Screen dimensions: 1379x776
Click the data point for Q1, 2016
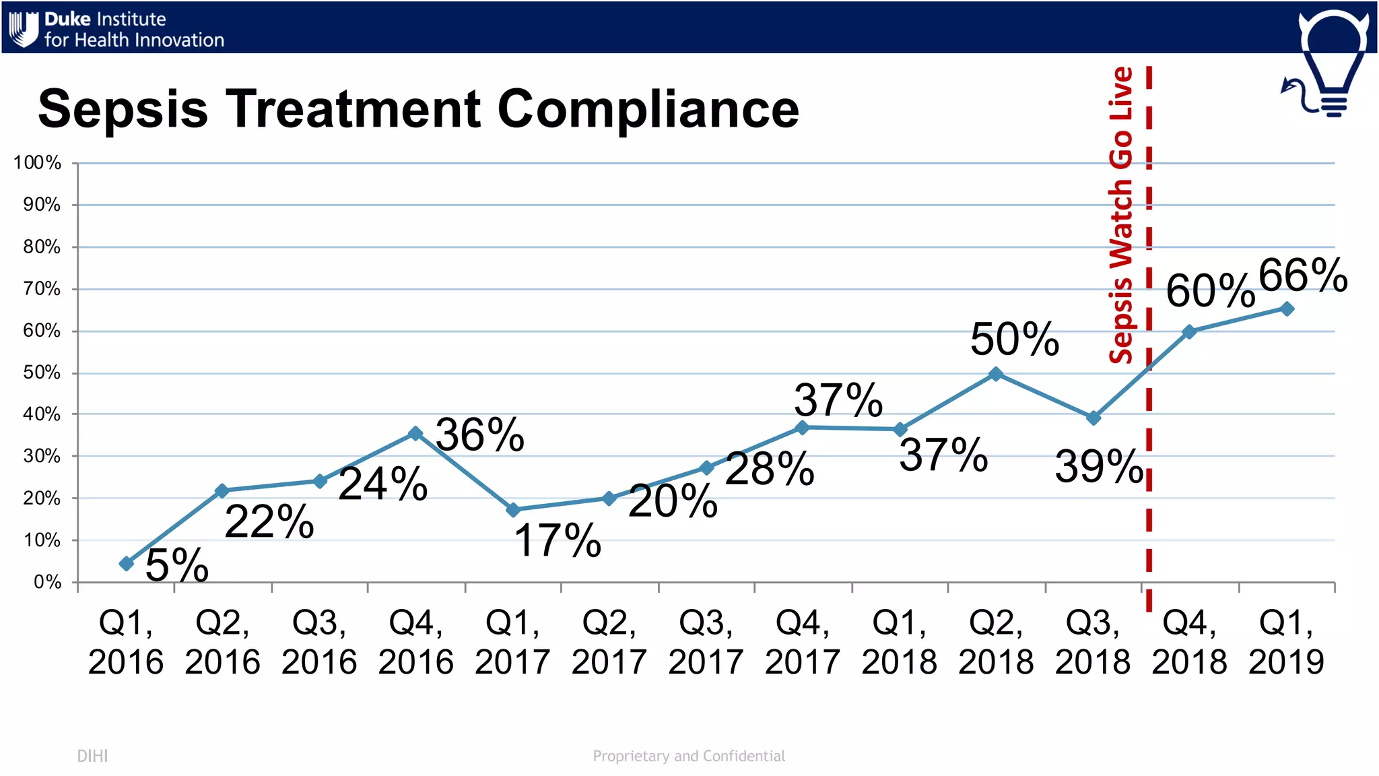(x=127, y=563)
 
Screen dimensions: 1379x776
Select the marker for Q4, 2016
(x=416, y=433)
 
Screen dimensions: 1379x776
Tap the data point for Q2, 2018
(x=996, y=374)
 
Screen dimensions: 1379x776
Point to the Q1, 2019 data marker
(x=1287, y=309)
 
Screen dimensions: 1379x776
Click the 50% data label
(x=1015, y=339)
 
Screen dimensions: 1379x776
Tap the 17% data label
(x=558, y=540)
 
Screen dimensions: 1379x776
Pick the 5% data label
(x=177, y=564)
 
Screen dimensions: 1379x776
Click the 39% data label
(x=1100, y=466)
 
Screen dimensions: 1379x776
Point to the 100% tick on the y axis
(x=37, y=163)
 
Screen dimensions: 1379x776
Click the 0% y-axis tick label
(x=48, y=582)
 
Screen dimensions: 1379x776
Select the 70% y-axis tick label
(x=42, y=289)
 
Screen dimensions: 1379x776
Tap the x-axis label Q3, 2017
(x=706, y=642)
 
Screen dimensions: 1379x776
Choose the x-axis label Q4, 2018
(x=1190, y=642)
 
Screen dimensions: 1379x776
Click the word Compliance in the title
(x=648, y=110)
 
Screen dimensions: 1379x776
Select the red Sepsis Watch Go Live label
(x=1121, y=216)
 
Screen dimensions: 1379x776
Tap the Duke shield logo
(x=24, y=30)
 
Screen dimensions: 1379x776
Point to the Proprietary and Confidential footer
(x=689, y=756)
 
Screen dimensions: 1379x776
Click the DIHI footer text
(x=92, y=756)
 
